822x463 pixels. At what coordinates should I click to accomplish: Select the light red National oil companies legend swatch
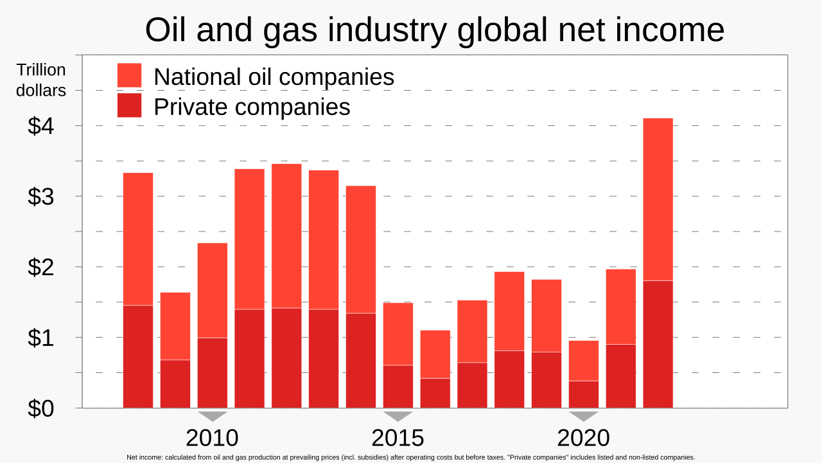pos(129,75)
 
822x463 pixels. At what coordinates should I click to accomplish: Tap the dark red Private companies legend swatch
pos(129,105)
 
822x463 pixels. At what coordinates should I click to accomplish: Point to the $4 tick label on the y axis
pos(40,125)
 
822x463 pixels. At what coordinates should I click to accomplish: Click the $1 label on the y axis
pos(40,338)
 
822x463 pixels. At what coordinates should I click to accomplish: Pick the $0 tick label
pos(40,408)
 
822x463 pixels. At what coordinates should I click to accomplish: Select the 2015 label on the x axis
pos(398,438)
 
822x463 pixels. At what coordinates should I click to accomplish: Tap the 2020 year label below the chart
pos(584,438)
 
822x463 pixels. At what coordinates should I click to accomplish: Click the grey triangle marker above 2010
pos(213,416)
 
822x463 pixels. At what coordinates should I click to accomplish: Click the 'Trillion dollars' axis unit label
pos(41,80)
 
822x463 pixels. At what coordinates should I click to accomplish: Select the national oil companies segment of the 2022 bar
pos(658,199)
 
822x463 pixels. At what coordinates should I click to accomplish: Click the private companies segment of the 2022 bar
pos(658,344)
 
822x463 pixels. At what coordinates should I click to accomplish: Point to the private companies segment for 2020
pos(584,395)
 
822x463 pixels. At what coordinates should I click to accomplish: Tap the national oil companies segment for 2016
pos(435,354)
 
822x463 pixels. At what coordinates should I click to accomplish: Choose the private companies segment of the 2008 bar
pos(138,357)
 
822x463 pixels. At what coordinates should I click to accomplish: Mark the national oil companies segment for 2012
pos(286,236)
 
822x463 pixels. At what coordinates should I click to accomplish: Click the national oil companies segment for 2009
pos(175,326)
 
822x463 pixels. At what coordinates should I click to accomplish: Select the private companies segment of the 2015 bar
pos(398,386)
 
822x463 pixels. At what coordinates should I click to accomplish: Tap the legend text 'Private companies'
pos(252,107)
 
